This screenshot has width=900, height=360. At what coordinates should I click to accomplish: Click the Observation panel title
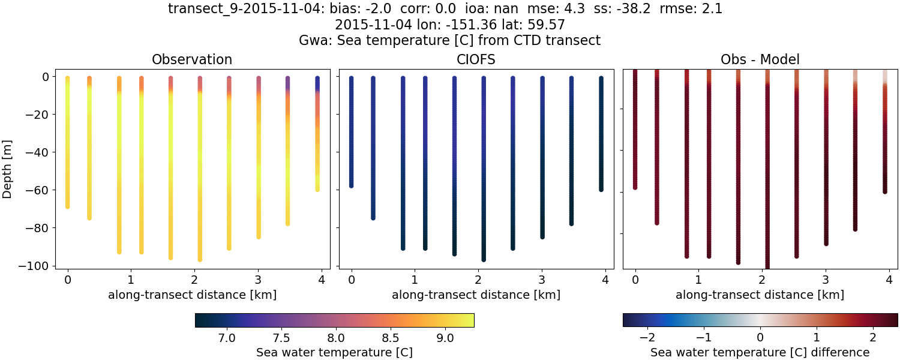click(x=192, y=59)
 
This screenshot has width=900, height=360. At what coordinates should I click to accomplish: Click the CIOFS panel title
click(x=476, y=59)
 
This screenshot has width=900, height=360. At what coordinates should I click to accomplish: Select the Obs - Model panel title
click(x=760, y=59)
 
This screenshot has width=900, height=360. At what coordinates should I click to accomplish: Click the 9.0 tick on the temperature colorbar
click(x=445, y=338)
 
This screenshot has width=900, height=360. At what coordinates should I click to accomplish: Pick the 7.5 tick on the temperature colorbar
click(x=281, y=338)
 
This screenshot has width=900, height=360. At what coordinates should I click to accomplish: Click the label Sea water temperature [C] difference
click(x=760, y=352)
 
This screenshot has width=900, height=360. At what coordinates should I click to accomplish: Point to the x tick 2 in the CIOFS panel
click(x=478, y=280)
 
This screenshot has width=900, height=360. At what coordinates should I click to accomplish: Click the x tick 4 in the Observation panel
click(x=321, y=280)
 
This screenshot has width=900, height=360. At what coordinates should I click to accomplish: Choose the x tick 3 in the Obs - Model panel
click(x=826, y=280)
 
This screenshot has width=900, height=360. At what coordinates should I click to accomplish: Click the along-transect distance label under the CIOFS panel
click(x=476, y=295)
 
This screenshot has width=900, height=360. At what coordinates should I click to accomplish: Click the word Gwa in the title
click(x=311, y=41)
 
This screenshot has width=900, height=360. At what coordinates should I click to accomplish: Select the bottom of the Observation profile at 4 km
click(x=317, y=190)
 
